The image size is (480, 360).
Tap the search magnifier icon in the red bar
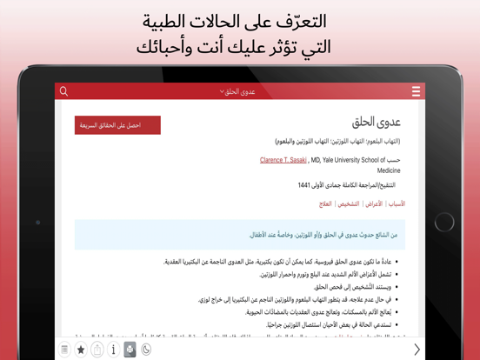(x=63, y=90)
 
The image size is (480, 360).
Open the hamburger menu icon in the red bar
(x=416, y=91)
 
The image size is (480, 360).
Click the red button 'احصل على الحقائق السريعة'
(x=117, y=125)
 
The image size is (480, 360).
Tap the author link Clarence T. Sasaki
(x=283, y=160)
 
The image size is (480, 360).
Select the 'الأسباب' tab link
(x=397, y=203)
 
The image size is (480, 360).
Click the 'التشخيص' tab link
(x=349, y=203)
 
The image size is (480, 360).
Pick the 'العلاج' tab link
(x=325, y=203)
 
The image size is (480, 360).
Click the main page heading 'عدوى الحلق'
(x=377, y=123)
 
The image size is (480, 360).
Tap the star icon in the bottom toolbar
(x=81, y=350)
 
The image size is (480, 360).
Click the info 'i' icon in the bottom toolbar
(x=113, y=350)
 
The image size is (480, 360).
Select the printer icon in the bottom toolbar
(x=130, y=350)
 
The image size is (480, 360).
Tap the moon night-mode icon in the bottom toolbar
(x=146, y=350)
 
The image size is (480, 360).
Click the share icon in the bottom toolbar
(x=97, y=350)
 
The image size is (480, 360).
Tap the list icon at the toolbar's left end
(x=64, y=350)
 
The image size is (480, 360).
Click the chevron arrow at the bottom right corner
(x=417, y=350)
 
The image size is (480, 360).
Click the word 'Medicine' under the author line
(x=388, y=170)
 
